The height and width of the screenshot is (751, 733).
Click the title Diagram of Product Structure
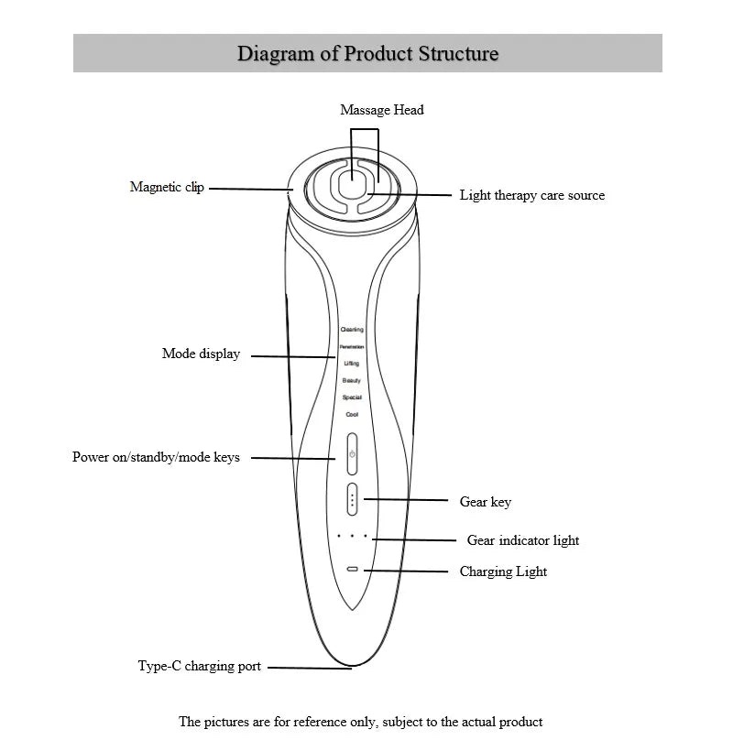367,53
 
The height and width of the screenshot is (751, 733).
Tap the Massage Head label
382,110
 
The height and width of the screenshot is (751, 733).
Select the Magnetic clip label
167,187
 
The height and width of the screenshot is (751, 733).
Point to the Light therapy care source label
531,195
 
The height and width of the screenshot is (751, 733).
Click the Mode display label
201,354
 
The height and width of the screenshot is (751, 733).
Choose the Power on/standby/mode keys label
156,456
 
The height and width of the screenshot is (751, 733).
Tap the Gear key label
485,502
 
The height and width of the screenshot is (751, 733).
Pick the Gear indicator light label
522,540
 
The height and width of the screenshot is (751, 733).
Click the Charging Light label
503,571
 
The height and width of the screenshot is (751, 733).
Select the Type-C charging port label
199,666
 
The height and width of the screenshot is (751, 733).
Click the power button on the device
352,454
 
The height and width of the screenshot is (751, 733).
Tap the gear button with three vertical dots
352,500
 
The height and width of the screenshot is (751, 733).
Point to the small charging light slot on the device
352,569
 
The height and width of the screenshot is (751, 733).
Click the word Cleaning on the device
352,330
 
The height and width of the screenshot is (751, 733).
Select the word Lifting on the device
352,364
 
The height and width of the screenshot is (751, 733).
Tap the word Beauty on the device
352,380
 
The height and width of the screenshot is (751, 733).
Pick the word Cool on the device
352,415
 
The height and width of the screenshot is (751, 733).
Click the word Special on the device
352,397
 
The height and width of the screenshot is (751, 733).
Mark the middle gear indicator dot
352,536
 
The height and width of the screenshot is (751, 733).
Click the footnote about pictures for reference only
360,722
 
